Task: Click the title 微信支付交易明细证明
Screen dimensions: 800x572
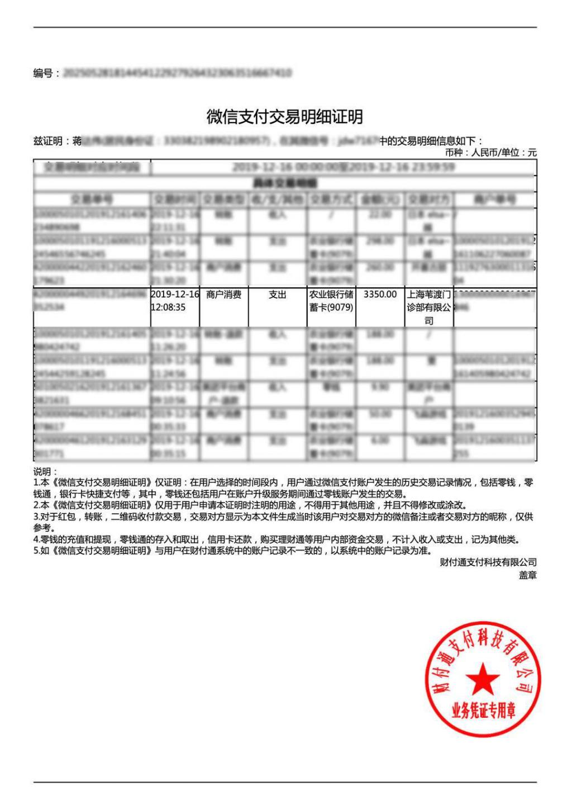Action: [x=285, y=117]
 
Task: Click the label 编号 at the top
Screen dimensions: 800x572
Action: [x=43, y=73]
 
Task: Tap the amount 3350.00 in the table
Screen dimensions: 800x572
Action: [x=380, y=294]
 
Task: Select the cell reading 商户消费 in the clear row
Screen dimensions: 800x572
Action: [x=223, y=295]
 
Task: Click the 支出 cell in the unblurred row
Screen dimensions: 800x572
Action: [x=277, y=295]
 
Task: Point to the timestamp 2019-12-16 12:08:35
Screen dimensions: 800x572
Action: [x=175, y=301]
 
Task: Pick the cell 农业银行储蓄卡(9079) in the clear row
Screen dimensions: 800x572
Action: [x=331, y=301]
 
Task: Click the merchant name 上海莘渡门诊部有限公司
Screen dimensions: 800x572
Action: [x=428, y=307]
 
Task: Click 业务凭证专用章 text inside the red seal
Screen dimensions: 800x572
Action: [x=484, y=711]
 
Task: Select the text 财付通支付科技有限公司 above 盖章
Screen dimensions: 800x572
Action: [x=488, y=562]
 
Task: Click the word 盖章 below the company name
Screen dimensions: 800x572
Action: [x=528, y=575]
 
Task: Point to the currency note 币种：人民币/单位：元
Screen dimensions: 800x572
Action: [x=490, y=152]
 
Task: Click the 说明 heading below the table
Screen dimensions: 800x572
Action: [x=45, y=471]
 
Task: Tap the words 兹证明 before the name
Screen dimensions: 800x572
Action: [x=47, y=141]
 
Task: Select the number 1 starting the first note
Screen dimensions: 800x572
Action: [x=36, y=482]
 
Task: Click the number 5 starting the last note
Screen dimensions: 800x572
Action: [x=36, y=551]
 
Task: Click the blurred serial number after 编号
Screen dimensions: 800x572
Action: [x=177, y=73]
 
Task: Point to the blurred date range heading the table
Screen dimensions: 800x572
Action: [x=343, y=167]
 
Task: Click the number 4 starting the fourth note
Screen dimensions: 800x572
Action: [x=36, y=539]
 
